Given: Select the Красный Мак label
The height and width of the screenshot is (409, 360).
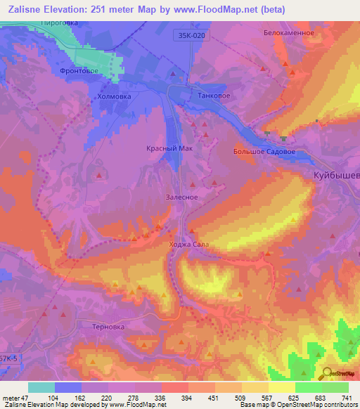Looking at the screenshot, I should pos(169,149).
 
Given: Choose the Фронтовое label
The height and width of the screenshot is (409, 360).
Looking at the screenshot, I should pos(78,70).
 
